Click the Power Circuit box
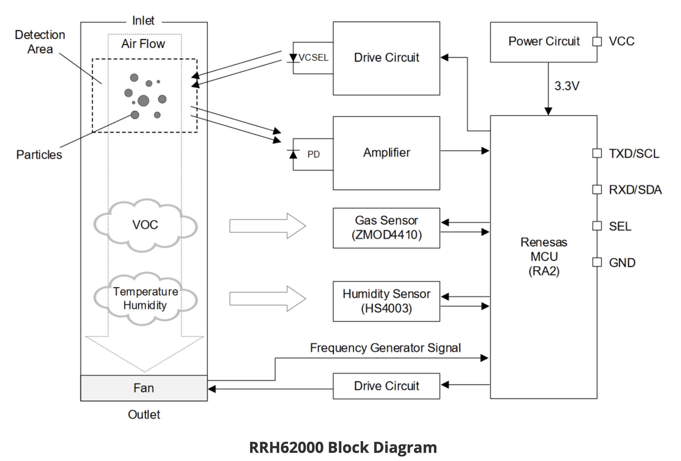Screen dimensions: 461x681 pyautogui.click(x=543, y=42)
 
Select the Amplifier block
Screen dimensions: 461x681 pyautogui.click(x=386, y=153)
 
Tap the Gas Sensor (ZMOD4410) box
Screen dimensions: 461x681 pyautogui.click(x=386, y=228)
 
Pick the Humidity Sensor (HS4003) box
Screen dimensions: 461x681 pyautogui.click(x=386, y=301)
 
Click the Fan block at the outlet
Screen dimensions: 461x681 pyautogui.click(x=144, y=388)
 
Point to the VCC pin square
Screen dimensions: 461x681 pyautogui.click(x=597, y=42)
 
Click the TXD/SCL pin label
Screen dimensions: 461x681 pyautogui.click(x=634, y=154)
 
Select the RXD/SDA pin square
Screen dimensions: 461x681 pyautogui.click(x=597, y=189)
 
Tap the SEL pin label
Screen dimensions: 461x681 pyautogui.click(x=620, y=226)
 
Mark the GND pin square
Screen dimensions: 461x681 pyautogui.click(x=597, y=262)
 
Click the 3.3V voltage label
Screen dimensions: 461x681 pyautogui.click(x=566, y=86)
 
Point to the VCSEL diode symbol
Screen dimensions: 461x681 pyautogui.click(x=293, y=58)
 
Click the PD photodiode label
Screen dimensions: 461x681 pyautogui.click(x=313, y=154)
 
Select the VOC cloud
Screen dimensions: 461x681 pyautogui.click(x=145, y=225)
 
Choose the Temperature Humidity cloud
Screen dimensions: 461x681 pyautogui.click(x=145, y=298)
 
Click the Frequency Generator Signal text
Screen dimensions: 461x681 pyautogui.click(x=385, y=348)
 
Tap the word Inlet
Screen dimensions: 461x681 pyautogui.click(x=143, y=20)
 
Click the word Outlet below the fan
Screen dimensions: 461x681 pyautogui.click(x=144, y=414)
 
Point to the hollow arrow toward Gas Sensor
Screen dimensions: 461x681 pyautogui.click(x=267, y=226)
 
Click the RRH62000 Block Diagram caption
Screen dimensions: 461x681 pyautogui.click(x=343, y=447)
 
